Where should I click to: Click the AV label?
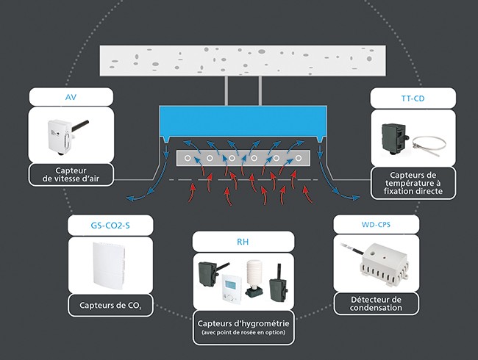pos(71,96)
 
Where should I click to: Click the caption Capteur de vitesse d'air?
pos(71,174)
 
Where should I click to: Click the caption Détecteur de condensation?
pos(376,303)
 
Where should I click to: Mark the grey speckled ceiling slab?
pos(243,59)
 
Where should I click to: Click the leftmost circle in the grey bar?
pos(188,158)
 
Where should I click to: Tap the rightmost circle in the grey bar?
pos(297,158)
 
